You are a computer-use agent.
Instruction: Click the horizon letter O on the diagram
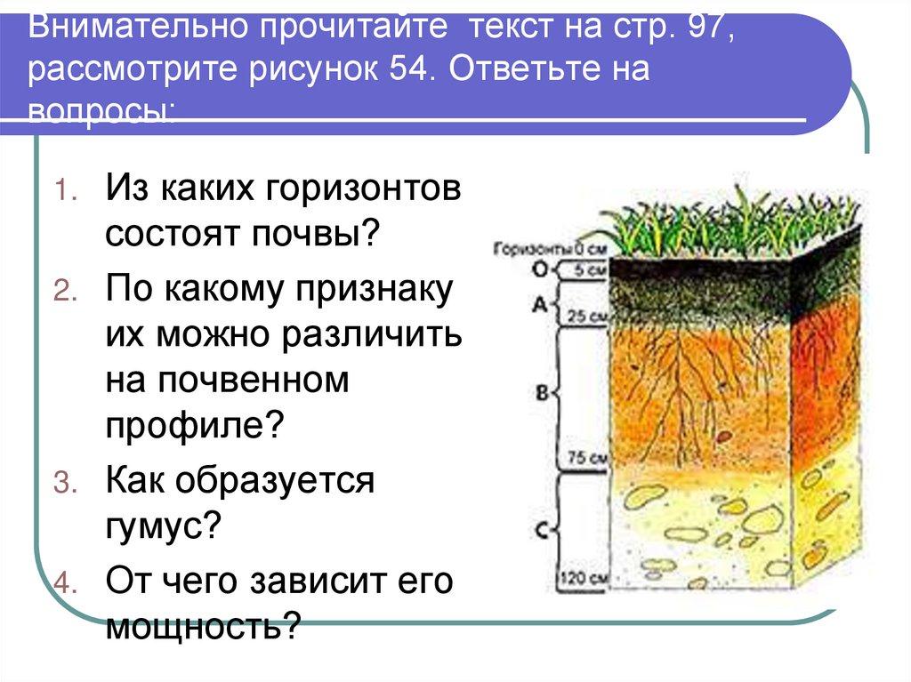point(539,268)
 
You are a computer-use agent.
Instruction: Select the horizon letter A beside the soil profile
point(539,304)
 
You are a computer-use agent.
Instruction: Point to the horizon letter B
point(539,392)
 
